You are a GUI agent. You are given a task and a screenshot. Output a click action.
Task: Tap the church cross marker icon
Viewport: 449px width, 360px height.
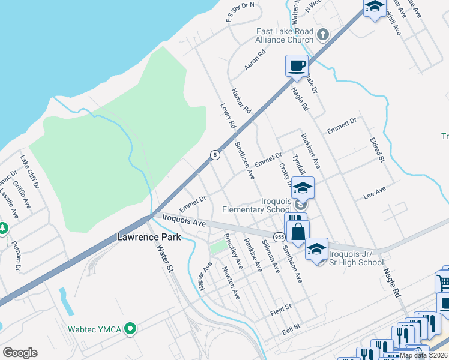point(323,34)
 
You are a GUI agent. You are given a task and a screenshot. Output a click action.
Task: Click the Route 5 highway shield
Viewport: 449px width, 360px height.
point(214,155)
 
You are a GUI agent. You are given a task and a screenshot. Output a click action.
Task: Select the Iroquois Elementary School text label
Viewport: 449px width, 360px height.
point(256,205)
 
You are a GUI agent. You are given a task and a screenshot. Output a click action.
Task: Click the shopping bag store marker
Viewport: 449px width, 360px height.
point(298,230)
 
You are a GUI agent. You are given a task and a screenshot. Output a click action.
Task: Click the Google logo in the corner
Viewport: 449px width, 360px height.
point(20,352)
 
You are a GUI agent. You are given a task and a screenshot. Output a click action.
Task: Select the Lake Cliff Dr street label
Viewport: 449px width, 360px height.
point(29,173)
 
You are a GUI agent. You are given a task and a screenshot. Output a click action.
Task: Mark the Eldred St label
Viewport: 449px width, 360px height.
point(377,151)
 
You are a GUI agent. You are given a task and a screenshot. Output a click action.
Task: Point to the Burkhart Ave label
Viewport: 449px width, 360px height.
point(310,151)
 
